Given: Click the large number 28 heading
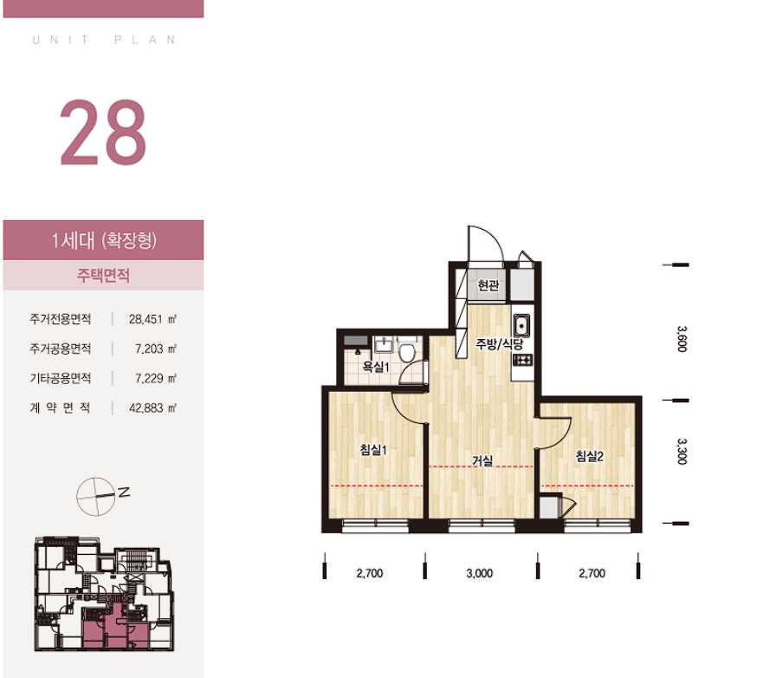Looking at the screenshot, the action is click(x=102, y=132).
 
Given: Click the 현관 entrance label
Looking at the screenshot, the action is click(x=488, y=285).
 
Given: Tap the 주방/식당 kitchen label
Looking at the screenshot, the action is click(x=499, y=344).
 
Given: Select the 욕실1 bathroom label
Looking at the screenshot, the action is click(x=376, y=368).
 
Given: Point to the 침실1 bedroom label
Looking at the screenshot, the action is click(x=373, y=450).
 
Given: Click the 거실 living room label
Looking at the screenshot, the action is click(x=482, y=460).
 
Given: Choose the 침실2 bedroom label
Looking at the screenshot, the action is click(x=590, y=456).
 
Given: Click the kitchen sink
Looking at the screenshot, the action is click(x=521, y=325).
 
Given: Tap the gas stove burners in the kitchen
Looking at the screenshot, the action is click(x=522, y=360).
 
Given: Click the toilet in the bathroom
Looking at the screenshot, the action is click(x=407, y=351).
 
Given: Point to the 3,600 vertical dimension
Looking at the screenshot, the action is click(x=681, y=339).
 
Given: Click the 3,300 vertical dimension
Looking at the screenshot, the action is click(x=681, y=452).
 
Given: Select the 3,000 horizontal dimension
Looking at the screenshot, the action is click(x=479, y=574).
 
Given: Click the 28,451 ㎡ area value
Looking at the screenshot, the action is click(x=152, y=319).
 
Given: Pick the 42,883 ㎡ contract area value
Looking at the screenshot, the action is click(x=152, y=408).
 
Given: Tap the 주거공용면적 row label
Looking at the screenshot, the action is click(x=61, y=349).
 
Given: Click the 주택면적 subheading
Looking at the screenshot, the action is click(x=103, y=276).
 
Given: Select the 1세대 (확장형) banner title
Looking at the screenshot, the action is click(x=104, y=240).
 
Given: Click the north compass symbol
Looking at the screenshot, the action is click(x=101, y=496).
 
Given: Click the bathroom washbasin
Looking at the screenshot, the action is click(x=385, y=344).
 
